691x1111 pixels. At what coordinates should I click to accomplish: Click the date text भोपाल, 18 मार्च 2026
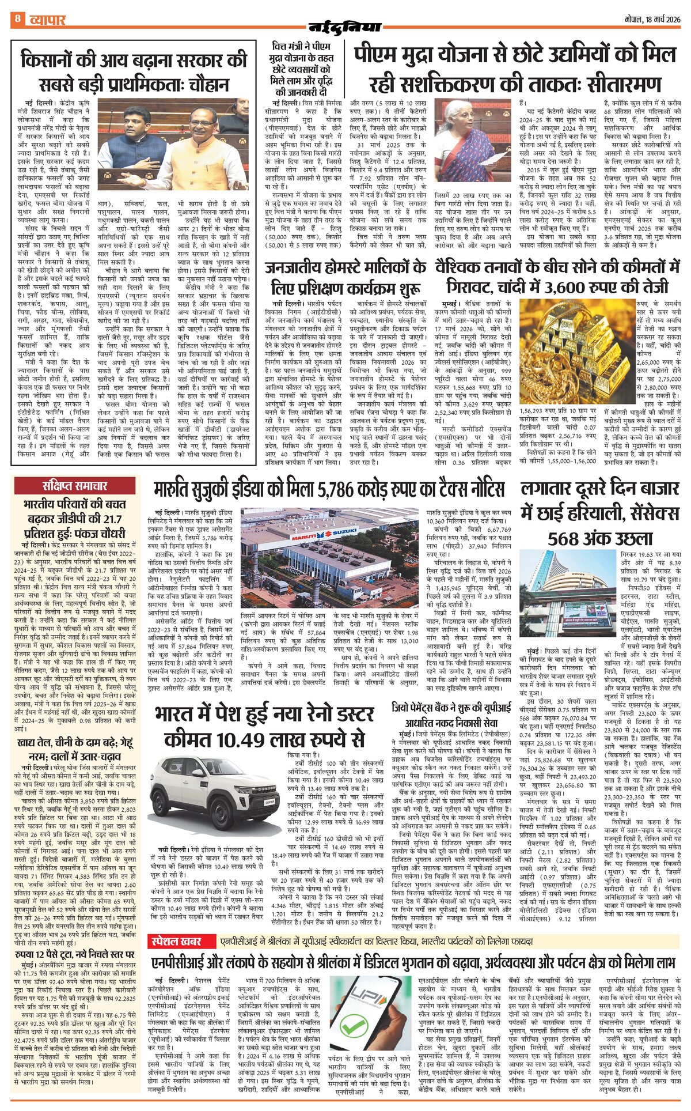coord(652,19)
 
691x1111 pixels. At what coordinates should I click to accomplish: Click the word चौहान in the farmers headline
coord(202,84)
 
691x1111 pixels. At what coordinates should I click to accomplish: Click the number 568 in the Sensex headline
coord(565,538)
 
